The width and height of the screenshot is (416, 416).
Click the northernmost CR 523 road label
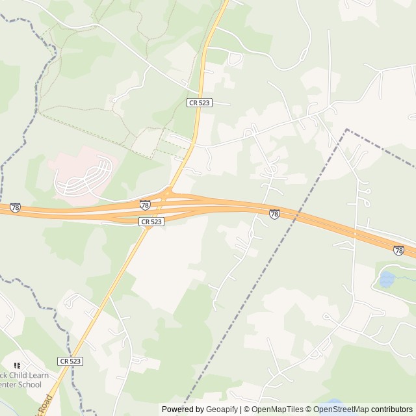point(199,103)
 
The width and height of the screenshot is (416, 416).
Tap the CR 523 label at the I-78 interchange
point(151,222)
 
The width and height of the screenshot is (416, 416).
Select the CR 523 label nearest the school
point(70,361)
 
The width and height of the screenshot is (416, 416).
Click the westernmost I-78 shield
point(15,208)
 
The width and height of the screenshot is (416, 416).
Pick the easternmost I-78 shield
point(398,250)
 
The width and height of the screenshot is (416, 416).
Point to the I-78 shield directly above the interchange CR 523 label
point(145,205)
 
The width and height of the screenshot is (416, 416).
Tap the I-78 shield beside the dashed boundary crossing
point(274,214)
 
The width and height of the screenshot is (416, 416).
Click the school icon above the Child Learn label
point(17,366)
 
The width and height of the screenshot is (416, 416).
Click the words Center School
point(21,385)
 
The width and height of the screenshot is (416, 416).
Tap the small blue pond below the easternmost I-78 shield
point(386,279)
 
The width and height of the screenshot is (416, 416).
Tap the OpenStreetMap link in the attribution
point(341,409)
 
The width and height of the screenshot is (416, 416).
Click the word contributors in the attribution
point(392,409)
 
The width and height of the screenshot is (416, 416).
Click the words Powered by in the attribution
point(182,409)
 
